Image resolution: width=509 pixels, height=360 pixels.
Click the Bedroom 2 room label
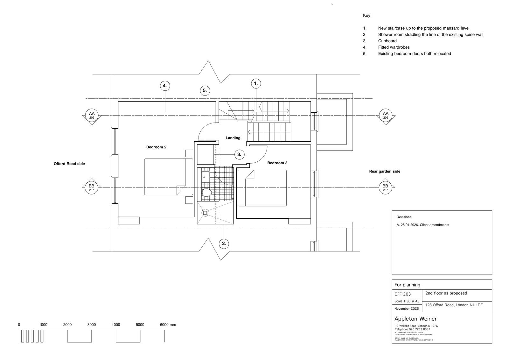pos(156,147)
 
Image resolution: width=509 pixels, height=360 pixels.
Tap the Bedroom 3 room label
pos(277,163)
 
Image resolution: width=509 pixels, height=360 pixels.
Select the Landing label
pos(233,138)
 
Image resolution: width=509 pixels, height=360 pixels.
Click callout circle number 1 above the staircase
pos(256,84)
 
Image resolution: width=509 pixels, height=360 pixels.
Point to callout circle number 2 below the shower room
pos(224,244)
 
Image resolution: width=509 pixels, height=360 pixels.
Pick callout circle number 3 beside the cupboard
pos(239,155)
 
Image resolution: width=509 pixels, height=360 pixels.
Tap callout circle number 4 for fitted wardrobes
pos(164,86)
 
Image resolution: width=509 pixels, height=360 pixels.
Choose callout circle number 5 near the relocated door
pos(205,90)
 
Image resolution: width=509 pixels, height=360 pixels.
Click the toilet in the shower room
pos(206,193)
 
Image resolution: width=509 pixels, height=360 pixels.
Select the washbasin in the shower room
pos(206,176)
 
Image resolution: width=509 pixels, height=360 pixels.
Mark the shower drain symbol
pos(205,213)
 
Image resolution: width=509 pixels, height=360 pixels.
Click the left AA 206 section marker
pos(92,115)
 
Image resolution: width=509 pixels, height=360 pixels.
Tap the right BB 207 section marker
pos(385,187)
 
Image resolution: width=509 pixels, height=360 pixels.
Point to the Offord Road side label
pos(69,164)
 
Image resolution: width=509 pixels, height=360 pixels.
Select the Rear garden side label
pos(385,171)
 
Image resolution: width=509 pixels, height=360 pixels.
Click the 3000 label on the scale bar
pos(92,325)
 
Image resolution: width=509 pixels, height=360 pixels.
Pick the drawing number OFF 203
pos(402,294)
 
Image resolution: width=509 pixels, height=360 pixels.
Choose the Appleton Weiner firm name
pos(415,319)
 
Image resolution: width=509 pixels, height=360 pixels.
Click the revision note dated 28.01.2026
pos(423,225)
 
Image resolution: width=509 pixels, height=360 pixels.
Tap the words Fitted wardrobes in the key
pos(394,47)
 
